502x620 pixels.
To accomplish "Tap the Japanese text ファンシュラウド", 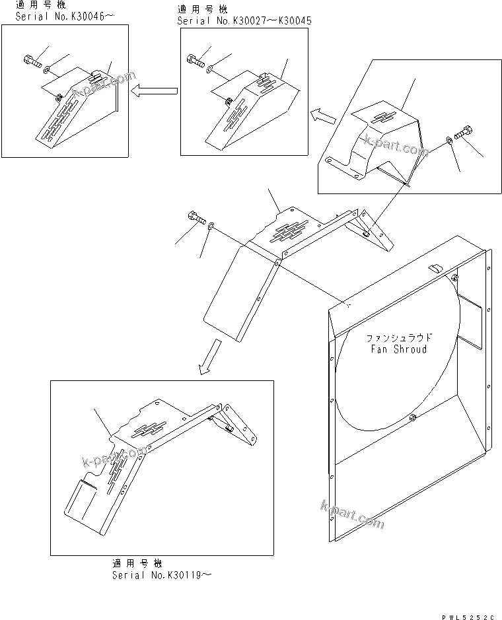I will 398,338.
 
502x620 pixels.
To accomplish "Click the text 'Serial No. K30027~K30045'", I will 244,21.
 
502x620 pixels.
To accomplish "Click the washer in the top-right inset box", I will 448,139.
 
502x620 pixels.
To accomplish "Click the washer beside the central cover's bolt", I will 210,226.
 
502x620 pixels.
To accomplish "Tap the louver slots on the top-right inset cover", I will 382,117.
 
